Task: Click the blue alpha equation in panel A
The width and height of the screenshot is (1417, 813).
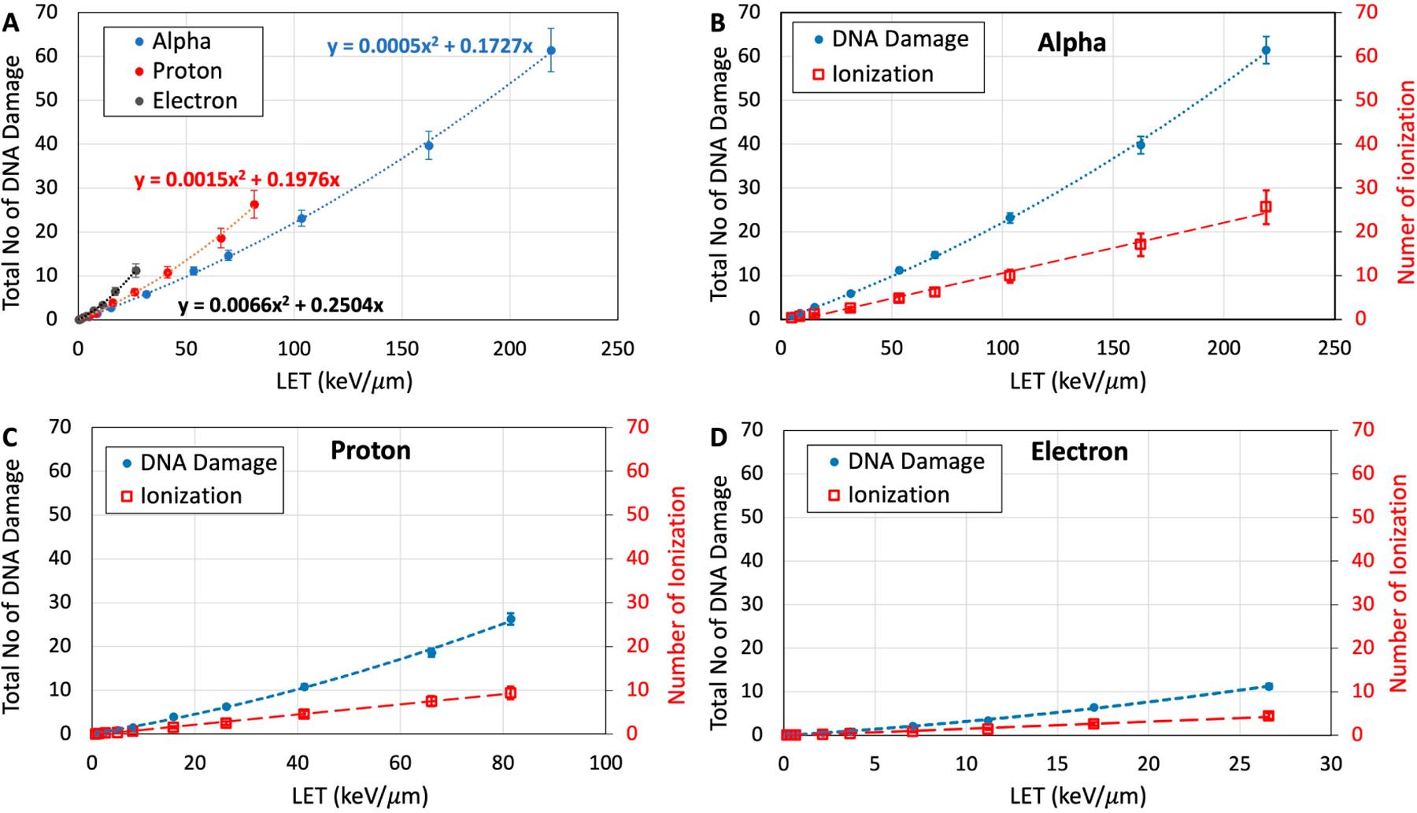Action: coord(430,46)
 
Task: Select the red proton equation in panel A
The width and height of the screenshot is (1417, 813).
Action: coord(237,180)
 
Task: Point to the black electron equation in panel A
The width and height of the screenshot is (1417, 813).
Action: coord(281,306)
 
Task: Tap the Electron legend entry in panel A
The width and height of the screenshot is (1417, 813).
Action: coord(194,101)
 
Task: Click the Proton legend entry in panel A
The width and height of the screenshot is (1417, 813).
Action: coord(187,71)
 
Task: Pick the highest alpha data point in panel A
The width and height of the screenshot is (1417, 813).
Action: coord(551,50)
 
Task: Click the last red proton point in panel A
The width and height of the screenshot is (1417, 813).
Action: coord(254,205)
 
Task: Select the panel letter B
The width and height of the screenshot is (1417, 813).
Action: coord(717,23)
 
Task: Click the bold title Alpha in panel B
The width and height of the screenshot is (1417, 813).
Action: coord(1071,43)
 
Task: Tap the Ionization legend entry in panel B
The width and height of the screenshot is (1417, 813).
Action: coord(882,74)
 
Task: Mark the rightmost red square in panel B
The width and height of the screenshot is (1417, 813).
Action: coord(1266,207)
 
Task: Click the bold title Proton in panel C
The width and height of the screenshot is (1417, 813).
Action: coord(370,451)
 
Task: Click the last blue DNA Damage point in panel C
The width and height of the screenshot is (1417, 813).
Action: coord(510,618)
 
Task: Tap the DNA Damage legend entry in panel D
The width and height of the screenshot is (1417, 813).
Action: coord(916,461)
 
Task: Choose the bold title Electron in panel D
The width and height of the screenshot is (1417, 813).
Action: coord(1079,451)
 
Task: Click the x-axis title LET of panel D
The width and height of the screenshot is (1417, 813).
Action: coord(1077,796)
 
